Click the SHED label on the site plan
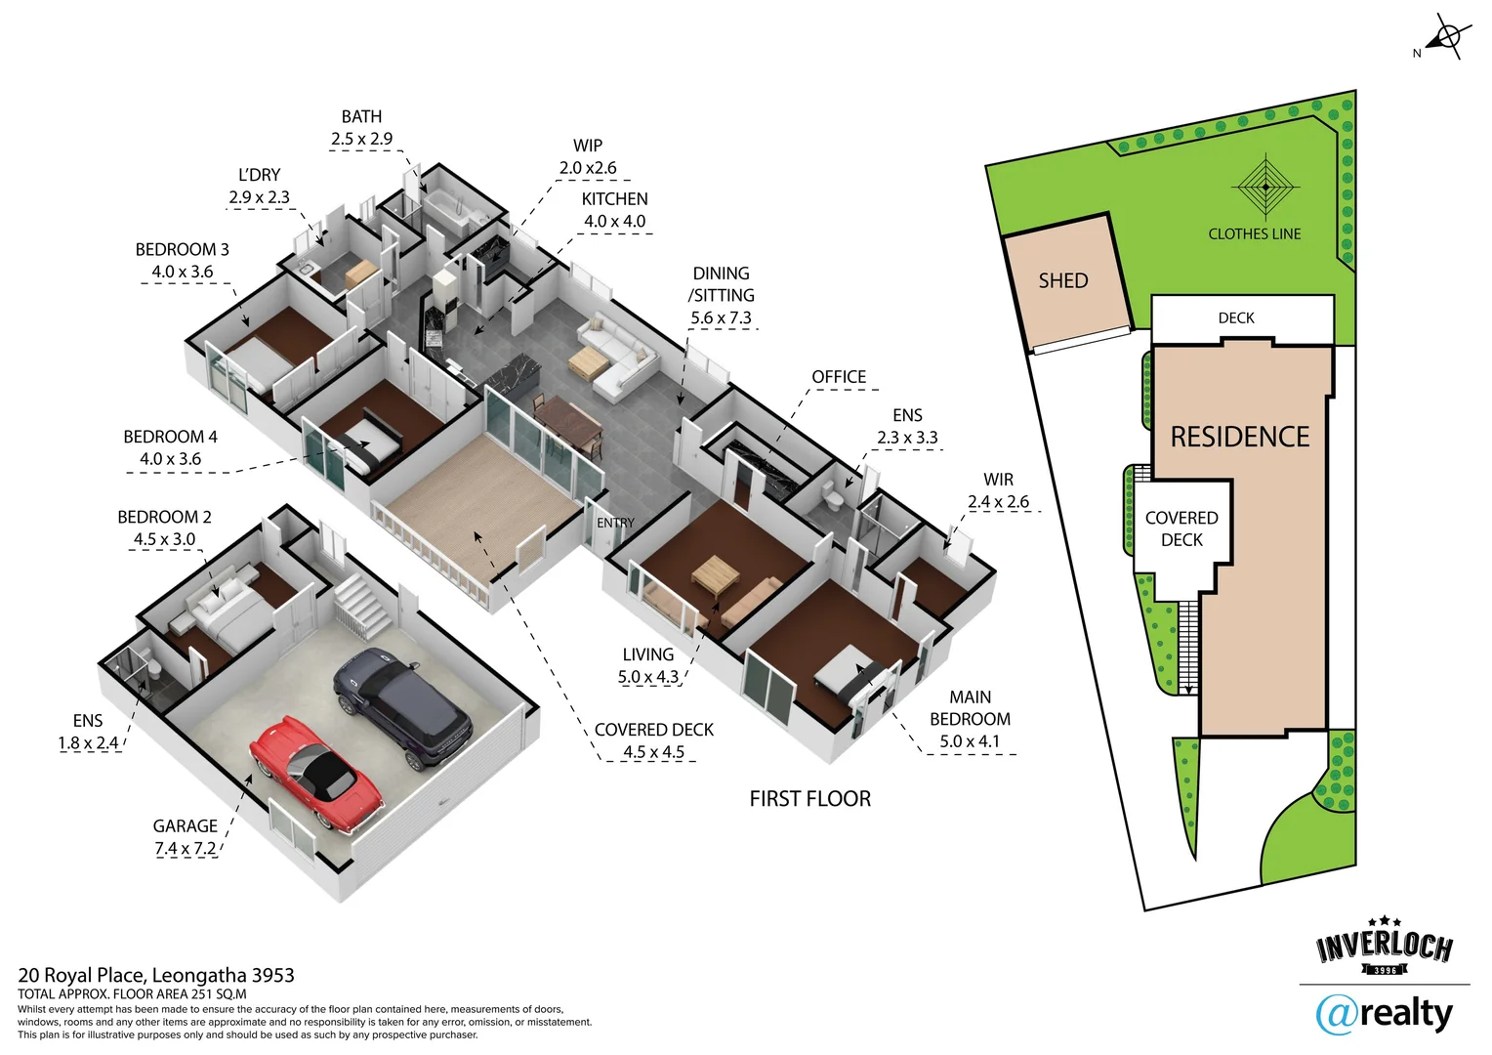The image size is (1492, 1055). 1062,281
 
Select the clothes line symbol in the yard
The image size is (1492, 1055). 1265,187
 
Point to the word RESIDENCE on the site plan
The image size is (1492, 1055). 1239,437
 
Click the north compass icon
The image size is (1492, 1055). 1445,39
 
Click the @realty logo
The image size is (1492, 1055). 1384,1014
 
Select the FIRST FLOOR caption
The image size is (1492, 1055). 809,799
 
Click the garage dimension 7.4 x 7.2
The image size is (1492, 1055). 186,849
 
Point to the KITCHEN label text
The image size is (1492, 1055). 614,199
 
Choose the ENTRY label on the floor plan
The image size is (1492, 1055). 615,524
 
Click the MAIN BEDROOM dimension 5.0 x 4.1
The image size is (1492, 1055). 969,741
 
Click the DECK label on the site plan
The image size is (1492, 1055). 1235,318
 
